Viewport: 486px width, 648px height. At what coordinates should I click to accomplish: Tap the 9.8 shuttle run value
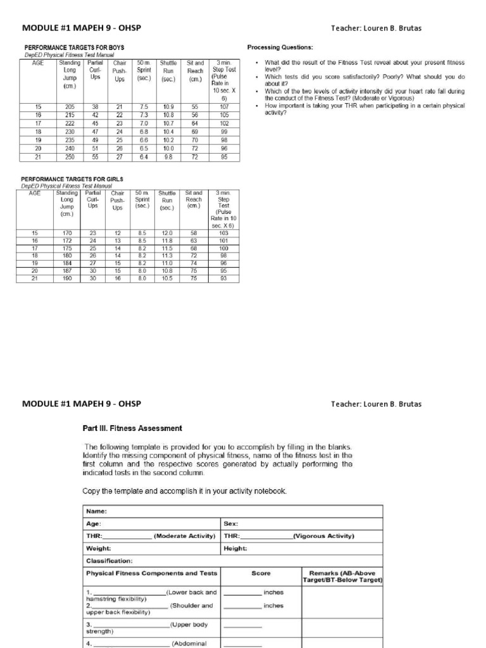point(168,157)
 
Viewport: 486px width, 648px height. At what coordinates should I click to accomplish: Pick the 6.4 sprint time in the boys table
point(144,157)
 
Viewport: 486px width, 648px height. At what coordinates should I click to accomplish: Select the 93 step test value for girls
point(223,278)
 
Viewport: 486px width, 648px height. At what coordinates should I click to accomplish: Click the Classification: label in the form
point(109,561)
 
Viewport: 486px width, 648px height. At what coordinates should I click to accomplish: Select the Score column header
point(261,573)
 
